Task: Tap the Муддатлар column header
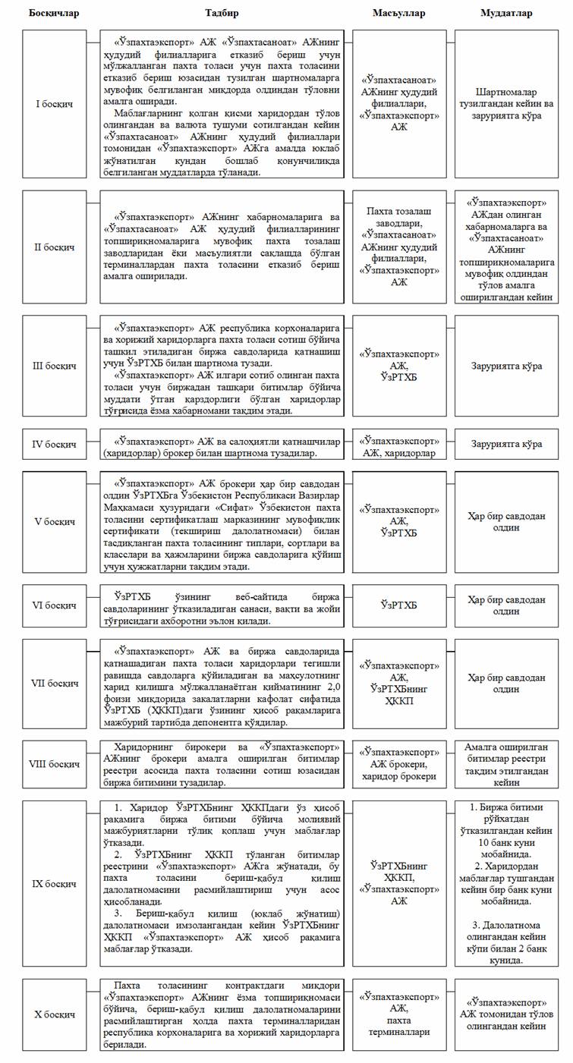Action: pos(506,14)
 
